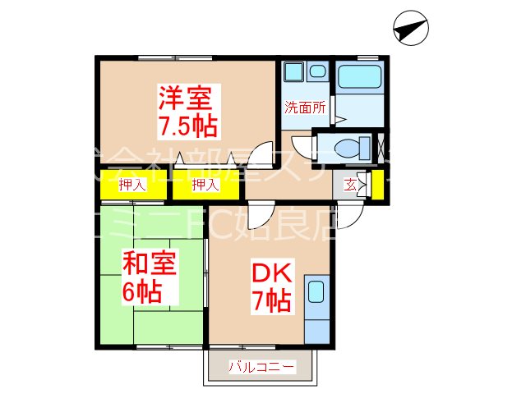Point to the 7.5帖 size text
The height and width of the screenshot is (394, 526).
[x=187, y=126]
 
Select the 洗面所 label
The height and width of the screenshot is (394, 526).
[x=305, y=106]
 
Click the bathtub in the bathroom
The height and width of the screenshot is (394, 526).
[x=360, y=77]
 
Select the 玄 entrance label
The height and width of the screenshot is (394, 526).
[x=351, y=185]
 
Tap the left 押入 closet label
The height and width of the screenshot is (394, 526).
[x=131, y=186]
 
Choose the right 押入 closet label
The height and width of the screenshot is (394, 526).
[x=205, y=186]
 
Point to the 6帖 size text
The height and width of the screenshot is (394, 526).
[x=142, y=292]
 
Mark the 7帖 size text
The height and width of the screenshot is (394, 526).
[x=270, y=300]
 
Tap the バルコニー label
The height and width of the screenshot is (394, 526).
[x=261, y=367]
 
